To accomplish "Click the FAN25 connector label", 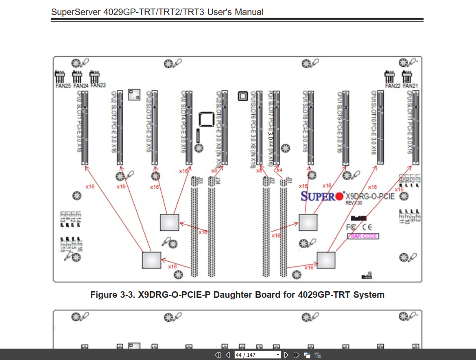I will tap(63, 86).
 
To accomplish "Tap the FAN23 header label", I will tap(98, 85).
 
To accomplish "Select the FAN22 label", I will tap(393, 86).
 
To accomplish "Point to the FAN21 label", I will tap(411, 86).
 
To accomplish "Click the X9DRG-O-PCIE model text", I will tap(370, 196).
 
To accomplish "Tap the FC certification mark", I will tap(351, 227).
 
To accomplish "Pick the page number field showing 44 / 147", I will tap(257, 355).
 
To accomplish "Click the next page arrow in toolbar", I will tap(286, 355).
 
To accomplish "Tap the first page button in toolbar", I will tap(218, 355).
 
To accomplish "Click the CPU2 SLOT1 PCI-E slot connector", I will tap(85, 127).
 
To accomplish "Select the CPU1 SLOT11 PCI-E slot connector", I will tap(416, 127).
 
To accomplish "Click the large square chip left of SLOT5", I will tap(206, 119).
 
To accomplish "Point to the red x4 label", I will tap(279, 170).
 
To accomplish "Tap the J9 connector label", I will tap(369, 273).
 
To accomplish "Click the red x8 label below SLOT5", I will tap(214, 171).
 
